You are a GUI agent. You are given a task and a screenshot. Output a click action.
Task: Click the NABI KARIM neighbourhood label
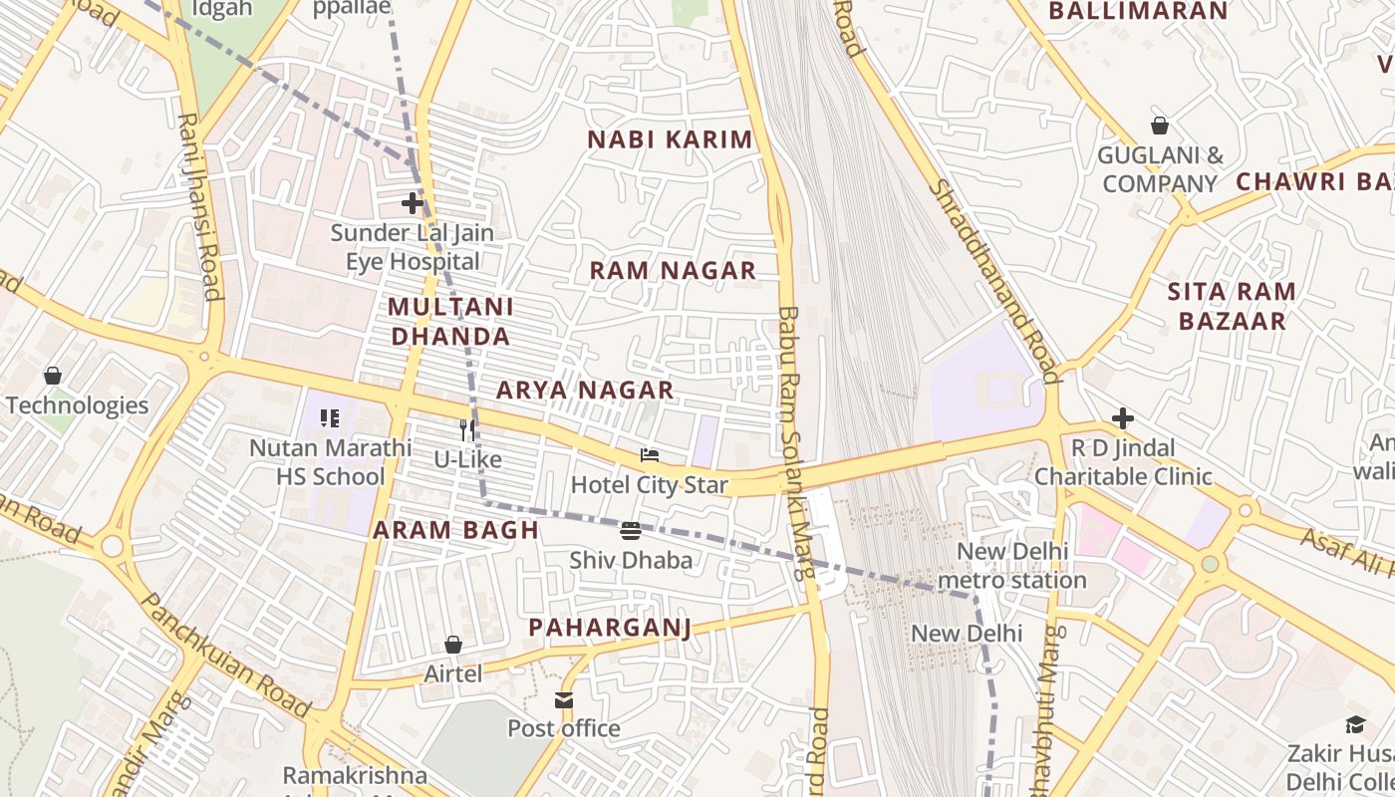click(x=670, y=139)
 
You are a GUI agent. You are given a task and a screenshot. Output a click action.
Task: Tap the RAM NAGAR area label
click(x=673, y=270)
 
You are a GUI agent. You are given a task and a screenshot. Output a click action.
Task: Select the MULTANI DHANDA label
click(x=450, y=321)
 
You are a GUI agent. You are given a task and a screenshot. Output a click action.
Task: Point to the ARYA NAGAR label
click(x=585, y=390)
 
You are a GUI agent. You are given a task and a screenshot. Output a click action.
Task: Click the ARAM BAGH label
click(x=455, y=530)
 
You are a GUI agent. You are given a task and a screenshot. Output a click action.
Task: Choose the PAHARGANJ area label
click(x=609, y=627)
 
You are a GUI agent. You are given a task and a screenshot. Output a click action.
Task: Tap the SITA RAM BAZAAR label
click(x=1232, y=306)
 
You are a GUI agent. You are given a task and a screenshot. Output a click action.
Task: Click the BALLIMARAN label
click(x=1138, y=11)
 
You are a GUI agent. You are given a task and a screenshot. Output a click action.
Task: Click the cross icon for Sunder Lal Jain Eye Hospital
click(x=413, y=203)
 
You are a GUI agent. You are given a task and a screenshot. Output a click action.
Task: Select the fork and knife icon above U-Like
click(x=467, y=430)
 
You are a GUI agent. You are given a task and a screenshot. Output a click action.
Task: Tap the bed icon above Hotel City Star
click(x=650, y=456)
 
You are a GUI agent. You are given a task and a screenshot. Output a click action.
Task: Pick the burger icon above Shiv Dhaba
click(x=631, y=530)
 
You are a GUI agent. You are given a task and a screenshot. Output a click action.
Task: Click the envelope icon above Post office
click(x=564, y=700)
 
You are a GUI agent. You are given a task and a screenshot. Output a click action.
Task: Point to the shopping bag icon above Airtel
click(x=453, y=645)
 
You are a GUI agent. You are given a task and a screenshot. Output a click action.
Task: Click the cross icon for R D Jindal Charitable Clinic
click(x=1123, y=418)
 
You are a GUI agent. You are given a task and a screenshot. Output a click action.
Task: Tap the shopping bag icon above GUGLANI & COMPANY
click(x=1160, y=126)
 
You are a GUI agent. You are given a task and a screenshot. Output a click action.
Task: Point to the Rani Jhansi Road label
click(x=198, y=205)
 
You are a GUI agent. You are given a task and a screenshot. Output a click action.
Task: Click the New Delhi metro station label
click(x=1011, y=565)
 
